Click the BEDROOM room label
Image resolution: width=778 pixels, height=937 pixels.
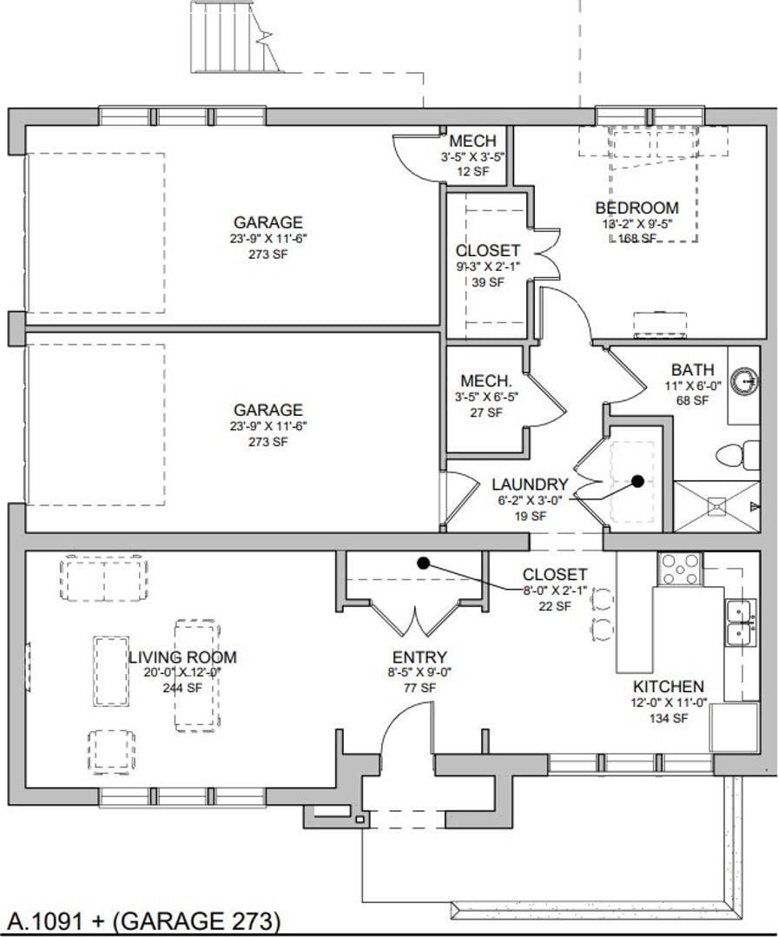[636, 208]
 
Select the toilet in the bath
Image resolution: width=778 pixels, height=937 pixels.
[730, 455]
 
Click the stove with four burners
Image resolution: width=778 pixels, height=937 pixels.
[681, 570]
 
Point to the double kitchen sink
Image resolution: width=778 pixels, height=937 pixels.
[741, 623]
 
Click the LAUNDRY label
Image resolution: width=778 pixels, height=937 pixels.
[530, 485]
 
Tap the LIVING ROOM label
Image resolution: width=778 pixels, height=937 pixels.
[182, 657]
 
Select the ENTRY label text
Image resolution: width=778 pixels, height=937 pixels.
[419, 657]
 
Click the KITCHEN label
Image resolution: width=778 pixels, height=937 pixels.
[668, 687]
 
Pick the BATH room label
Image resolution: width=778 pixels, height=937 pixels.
[693, 371]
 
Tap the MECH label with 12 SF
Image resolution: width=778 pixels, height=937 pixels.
[472, 141]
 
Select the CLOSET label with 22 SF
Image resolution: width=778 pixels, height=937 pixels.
[554, 575]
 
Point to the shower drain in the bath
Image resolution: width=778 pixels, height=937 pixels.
[715, 504]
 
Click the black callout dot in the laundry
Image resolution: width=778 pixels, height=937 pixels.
[637, 480]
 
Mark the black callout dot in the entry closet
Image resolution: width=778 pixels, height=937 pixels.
[423, 563]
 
